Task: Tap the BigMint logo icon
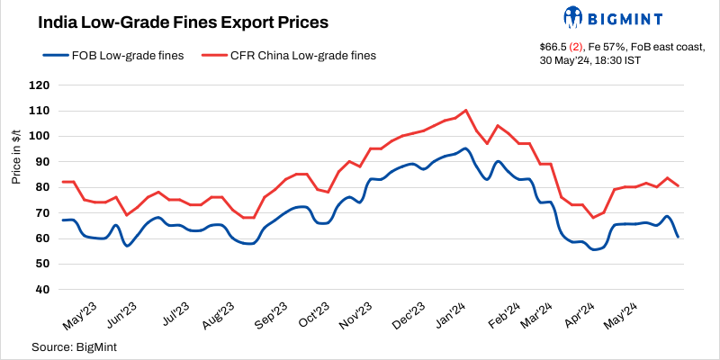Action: coord(573,17)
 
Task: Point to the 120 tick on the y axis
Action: coord(38,85)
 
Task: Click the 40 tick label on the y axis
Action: coord(41,289)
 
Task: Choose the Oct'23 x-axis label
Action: coord(314,316)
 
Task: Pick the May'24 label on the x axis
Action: coord(633,316)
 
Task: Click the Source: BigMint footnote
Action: coord(76,346)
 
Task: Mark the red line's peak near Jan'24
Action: coord(465,111)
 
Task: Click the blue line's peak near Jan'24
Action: coord(465,148)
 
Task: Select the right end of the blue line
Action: coord(678,237)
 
